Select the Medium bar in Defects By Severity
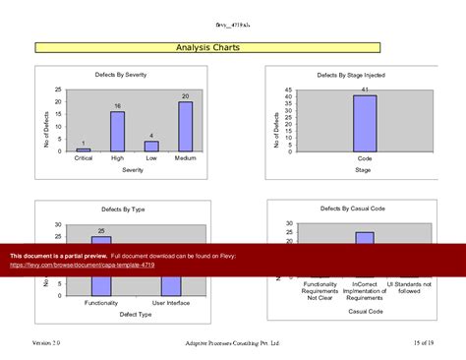(x=185, y=127)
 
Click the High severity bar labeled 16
(x=117, y=131)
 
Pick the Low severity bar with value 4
(x=151, y=146)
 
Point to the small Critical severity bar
(x=84, y=150)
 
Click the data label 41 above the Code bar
(x=365, y=90)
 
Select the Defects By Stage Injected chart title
(x=351, y=76)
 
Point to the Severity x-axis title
(x=133, y=170)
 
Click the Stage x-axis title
(x=364, y=170)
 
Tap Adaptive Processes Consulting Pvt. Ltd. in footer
(x=232, y=342)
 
